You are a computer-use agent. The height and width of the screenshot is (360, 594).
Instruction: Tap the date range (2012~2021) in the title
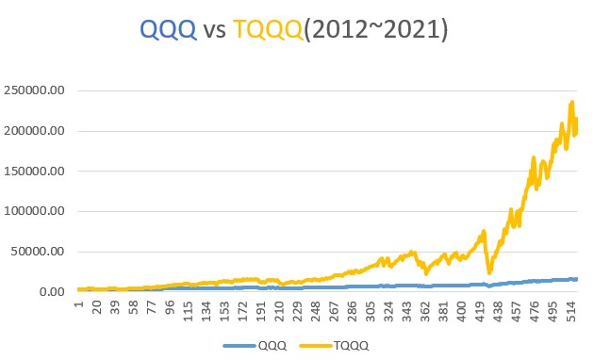pyautogui.click(x=380, y=30)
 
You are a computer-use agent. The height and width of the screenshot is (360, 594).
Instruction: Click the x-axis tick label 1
pyautogui.click(x=80, y=304)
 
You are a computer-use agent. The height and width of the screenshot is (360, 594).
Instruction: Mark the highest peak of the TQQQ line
pyautogui.click(x=572, y=102)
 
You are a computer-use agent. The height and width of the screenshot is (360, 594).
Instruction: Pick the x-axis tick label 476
pyautogui.click(x=533, y=311)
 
